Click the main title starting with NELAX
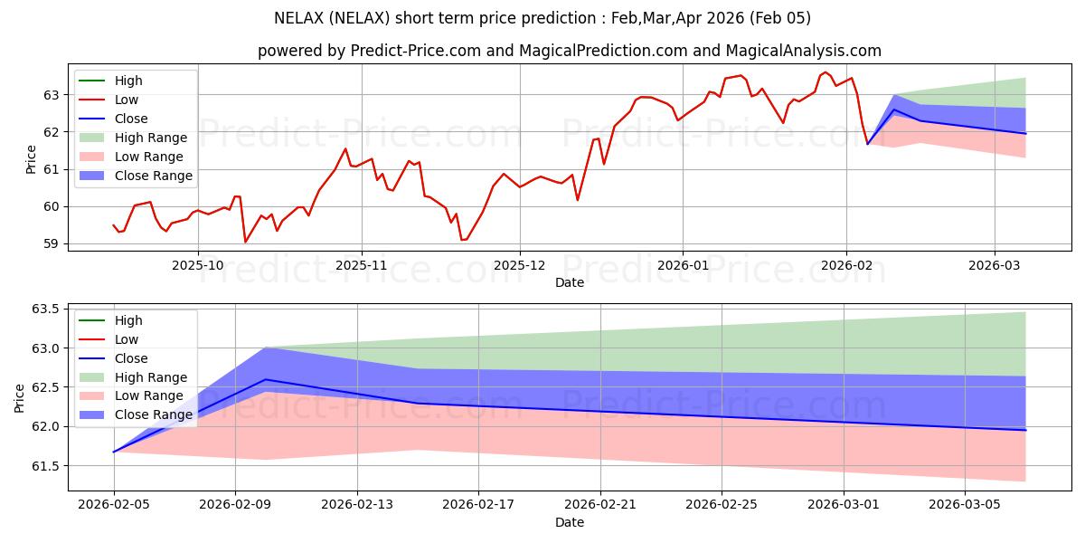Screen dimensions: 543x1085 pos(542,18)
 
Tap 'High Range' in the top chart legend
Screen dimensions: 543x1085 pos(150,138)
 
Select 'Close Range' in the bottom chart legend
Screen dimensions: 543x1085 pos(153,414)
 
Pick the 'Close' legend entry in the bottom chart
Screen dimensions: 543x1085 pos(131,358)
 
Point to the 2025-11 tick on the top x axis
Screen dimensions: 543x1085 pos(362,266)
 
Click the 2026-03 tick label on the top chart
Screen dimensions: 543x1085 pos(995,266)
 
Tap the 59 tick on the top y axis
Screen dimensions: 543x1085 pos(52,243)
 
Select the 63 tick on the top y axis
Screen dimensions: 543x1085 pos(52,94)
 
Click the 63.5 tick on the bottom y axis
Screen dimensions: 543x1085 pos(45,309)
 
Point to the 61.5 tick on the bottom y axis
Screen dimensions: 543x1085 pos(45,465)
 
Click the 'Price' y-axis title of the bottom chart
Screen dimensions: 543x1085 pos(20,398)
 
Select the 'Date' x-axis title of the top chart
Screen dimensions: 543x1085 pos(570,282)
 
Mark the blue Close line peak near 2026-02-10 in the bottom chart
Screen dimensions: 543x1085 pos(265,379)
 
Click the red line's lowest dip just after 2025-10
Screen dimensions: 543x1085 pos(245,242)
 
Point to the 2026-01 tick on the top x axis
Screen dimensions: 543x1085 pos(682,266)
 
